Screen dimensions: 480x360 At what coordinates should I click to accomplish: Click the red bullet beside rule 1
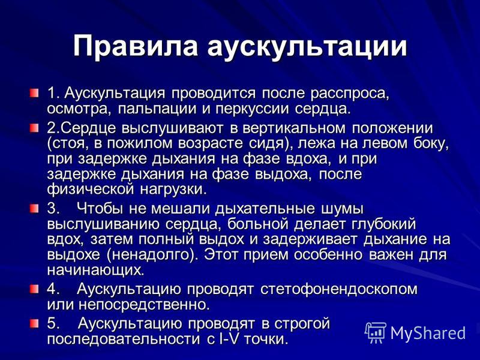tap(34, 93)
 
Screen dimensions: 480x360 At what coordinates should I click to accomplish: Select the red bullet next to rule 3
tap(34, 209)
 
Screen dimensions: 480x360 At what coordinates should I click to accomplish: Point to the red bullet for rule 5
tap(34, 323)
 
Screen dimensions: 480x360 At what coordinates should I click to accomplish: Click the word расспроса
tap(350, 94)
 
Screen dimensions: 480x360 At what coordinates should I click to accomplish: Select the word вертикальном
tap(294, 128)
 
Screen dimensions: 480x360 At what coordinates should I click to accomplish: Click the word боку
tap(431, 144)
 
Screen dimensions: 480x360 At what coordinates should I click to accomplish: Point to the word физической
tap(91, 190)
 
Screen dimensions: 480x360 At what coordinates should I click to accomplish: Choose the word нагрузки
tap(173, 190)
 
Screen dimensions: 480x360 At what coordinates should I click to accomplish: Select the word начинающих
tap(95, 271)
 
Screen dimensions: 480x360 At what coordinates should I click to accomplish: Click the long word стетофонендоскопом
tap(339, 290)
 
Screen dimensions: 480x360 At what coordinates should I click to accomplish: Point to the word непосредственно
tap(144, 305)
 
